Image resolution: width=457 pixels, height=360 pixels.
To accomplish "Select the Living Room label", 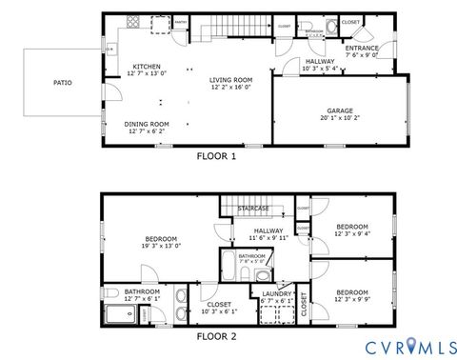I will [x=230, y=79].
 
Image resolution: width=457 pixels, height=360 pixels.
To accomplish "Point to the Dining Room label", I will [x=147, y=124].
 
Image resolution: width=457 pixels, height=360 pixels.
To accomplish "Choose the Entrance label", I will [x=362, y=48].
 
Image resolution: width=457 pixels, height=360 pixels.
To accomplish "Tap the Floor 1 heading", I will [x=216, y=154].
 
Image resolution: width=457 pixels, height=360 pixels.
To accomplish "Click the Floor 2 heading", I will [x=216, y=335].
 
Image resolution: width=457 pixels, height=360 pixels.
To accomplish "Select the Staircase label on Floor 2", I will [x=253, y=209].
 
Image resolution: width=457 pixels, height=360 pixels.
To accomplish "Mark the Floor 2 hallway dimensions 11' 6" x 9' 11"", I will [x=268, y=237].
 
